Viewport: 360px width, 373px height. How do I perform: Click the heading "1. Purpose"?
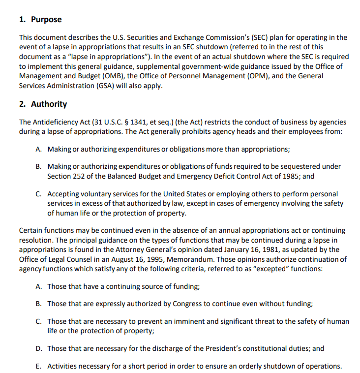(x=40, y=20)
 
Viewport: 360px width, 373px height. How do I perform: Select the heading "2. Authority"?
(x=43, y=104)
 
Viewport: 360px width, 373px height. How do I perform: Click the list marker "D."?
(x=39, y=348)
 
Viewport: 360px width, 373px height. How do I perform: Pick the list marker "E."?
(x=39, y=366)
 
